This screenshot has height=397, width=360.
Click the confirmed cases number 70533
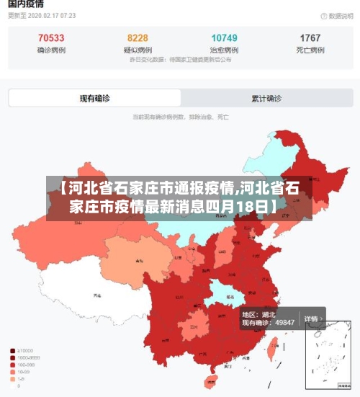click(50, 37)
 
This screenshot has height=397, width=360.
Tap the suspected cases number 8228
click(138, 37)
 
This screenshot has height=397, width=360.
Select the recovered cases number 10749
click(224, 37)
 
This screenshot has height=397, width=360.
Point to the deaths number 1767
click(310, 37)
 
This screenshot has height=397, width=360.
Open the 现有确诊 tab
click(94, 99)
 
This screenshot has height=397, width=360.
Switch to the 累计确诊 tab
click(266, 99)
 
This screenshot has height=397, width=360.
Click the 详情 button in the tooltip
click(310, 318)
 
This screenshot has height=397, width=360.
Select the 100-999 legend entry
click(22, 365)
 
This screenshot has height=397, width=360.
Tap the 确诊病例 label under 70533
click(50, 50)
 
